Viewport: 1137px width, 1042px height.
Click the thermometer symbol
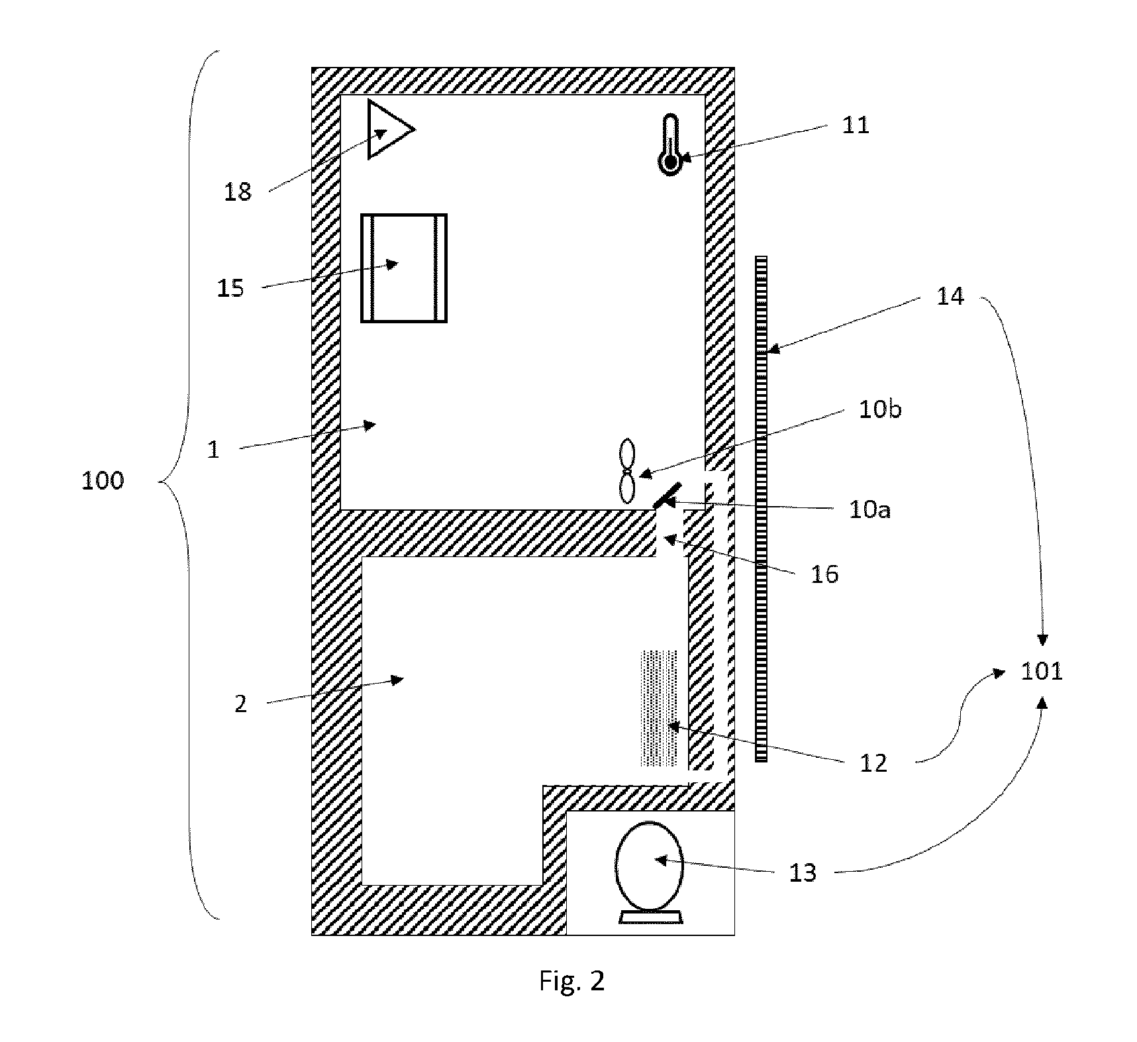[x=670, y=144]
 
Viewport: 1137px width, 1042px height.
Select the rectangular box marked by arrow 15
[x=404, y=268]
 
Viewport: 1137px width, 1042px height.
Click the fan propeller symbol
[x=626, y=472]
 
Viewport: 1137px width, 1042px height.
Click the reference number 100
[x=103, y=480]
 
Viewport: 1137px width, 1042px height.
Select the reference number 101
[x=1042, y=672]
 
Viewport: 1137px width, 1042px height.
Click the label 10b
[x=880, y=409]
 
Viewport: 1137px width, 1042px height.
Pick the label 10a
[x=869, y=509]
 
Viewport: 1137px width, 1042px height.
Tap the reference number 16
[x=824, y=574]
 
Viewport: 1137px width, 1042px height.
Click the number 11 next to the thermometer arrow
[x=855, y=125]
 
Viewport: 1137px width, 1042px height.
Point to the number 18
[x=238, y=192]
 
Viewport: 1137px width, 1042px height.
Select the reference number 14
[x=950, y=296]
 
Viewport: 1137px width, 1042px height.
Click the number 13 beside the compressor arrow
[x=803, y=873]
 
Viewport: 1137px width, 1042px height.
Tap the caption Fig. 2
[x=572, y=981]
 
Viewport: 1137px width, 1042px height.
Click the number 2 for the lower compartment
[x=240, y=704]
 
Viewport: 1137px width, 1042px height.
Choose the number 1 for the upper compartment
[x=213, y=450]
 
